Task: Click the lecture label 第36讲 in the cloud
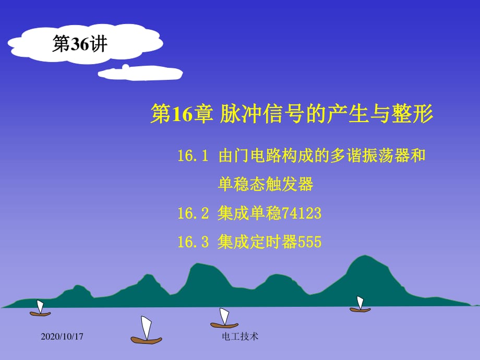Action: point(80,45)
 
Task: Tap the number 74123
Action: point(301,213)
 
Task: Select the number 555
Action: point(309,242)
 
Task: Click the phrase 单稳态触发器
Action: point(266,184)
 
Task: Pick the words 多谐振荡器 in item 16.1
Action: point(365,156)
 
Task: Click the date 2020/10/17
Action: point(62,337)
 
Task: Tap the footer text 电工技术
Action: point(240,337)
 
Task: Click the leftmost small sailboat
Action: point(40,309)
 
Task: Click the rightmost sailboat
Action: point(360,305)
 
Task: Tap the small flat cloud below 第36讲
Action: point(141,74)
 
